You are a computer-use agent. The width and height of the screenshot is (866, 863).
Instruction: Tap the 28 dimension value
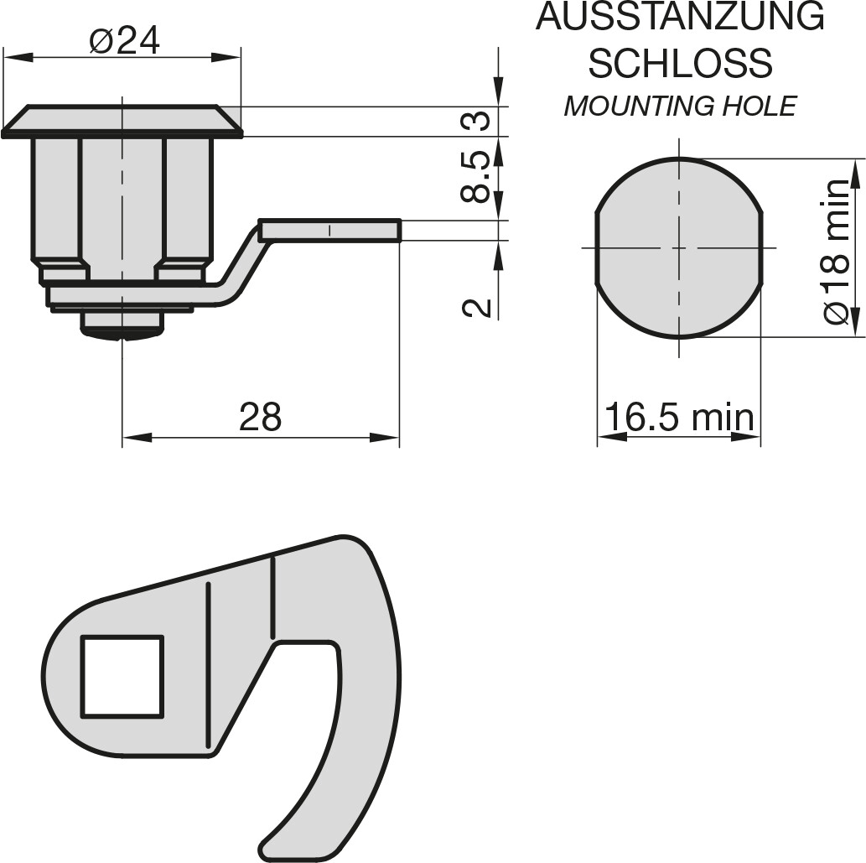260,417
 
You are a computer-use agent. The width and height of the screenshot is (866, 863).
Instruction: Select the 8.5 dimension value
475,177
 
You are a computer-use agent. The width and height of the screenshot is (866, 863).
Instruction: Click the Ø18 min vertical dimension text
835,252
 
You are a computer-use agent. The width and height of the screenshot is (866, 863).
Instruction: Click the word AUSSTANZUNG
680,17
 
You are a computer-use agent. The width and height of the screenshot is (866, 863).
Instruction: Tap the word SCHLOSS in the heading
680,62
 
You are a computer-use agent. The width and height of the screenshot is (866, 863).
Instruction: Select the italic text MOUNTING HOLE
680,106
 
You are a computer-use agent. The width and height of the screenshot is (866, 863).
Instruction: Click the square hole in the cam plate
122,677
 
